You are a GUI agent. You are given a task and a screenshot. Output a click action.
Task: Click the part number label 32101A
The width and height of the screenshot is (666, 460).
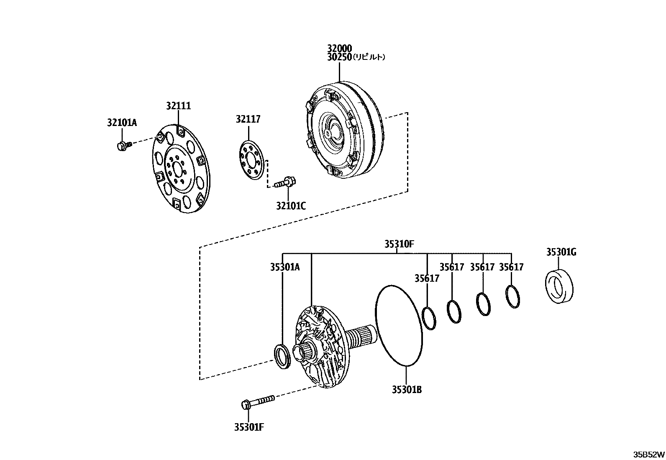click(x=122, y=123)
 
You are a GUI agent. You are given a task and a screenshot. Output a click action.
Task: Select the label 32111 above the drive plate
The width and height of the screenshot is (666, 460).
click(x=178, y=106)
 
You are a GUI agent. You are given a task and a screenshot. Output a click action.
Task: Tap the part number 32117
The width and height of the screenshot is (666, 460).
click(x=248, y=119)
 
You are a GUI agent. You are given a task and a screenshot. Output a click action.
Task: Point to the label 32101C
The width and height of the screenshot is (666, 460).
click(x=291, y=206)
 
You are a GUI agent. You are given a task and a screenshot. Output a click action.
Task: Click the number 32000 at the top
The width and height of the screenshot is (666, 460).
click(x=339, y=49)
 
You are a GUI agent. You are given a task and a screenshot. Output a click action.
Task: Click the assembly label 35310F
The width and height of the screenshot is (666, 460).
click(x=400, y=244)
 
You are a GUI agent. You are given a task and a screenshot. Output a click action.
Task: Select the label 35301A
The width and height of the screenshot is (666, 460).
click(x=284, y=267)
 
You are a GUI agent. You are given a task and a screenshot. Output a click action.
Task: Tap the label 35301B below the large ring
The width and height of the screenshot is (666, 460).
click(x=407, y=390)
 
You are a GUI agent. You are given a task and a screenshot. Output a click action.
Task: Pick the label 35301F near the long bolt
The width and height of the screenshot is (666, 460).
click(x=249, y=427)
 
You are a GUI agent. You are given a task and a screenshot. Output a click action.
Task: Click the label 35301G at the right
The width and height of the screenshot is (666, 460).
click(x=561, y=252)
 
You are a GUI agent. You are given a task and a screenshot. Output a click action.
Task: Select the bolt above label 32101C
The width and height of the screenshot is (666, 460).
click(x=286, y=182)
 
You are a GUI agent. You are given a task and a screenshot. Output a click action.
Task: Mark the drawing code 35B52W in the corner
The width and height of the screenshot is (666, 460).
click(x=648, y=454)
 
